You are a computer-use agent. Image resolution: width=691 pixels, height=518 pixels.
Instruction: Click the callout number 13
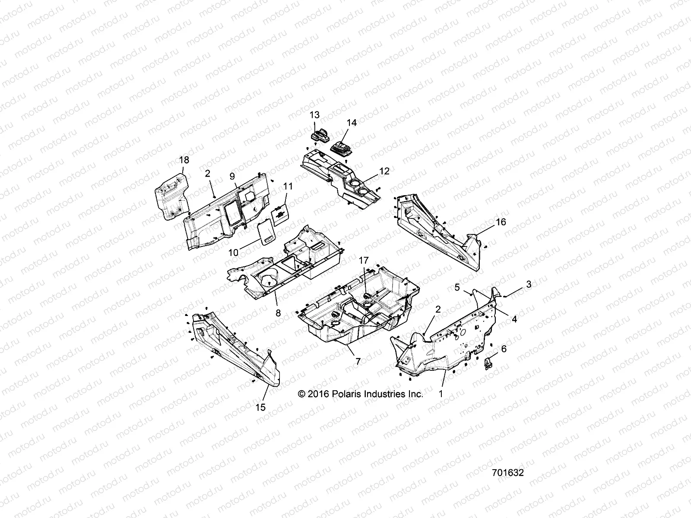pos(314,115)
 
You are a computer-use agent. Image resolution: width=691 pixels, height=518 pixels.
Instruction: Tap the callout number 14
pos(352,123)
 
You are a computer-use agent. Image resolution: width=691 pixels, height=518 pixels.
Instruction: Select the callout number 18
pos(184,160)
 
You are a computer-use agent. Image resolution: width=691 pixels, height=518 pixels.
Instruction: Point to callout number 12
pos(384,171)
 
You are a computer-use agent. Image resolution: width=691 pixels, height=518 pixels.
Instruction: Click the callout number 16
pos(501,222)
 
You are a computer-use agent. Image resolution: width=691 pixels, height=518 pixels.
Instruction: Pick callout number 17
pos(364,260)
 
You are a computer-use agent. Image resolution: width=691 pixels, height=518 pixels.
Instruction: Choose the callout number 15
pos(260,407)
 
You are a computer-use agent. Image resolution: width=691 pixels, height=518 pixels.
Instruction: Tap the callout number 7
pos(358,362)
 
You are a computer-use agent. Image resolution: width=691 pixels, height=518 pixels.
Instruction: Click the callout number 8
pos(278,313)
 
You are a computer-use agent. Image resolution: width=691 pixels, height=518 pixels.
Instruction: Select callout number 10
pos(233,253)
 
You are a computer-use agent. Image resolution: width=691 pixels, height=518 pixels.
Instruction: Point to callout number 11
pos(288,186)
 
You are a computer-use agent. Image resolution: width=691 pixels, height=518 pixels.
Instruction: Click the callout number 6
pos(504,349)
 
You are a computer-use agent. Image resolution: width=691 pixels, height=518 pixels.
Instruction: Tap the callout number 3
pos(529,284)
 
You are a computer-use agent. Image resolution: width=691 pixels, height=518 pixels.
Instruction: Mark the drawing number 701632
pos(508,473)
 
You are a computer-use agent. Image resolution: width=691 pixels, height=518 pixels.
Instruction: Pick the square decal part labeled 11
pos(280,215)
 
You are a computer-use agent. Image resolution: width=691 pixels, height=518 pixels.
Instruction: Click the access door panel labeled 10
pos(266,233)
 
